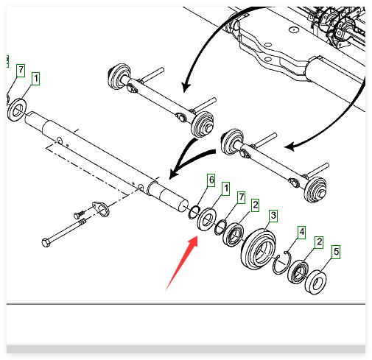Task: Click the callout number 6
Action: [211, 180]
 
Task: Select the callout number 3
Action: [273, 216]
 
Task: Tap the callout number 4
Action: [302, 232]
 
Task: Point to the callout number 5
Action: [336, 252]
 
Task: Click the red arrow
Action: [182, 262]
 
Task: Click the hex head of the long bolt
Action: [46, 243]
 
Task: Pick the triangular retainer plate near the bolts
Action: [101, 209]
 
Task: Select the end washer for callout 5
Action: [315, 282]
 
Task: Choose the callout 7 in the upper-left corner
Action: [21, 71]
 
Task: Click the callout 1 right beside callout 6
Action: [226, 188]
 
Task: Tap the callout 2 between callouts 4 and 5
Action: [319, 242]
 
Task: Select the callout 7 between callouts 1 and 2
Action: [242, 197]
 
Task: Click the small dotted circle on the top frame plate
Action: [293, 30]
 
